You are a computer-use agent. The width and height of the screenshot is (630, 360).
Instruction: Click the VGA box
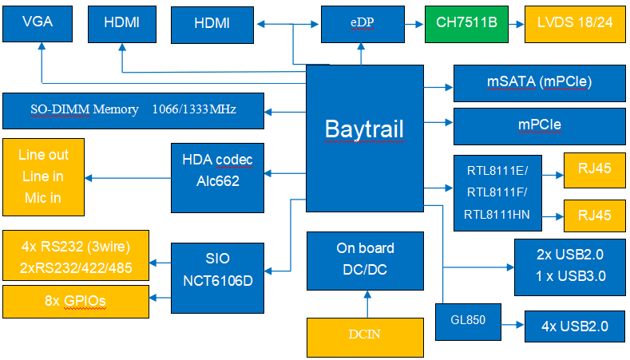38,24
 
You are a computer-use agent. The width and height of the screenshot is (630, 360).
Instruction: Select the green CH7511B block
466,24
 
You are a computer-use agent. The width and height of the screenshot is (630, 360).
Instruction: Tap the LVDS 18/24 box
575,24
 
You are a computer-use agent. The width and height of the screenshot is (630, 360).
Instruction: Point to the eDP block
363,24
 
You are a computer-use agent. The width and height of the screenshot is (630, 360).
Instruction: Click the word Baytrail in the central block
364,129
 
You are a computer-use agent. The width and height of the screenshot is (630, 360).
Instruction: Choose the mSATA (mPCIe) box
539,83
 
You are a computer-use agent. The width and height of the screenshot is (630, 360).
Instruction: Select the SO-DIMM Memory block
133,111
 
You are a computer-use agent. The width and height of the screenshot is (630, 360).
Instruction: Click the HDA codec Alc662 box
217,177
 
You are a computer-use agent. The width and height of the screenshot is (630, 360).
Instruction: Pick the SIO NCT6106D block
217,278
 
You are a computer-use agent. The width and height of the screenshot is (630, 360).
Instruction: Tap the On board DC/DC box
365,261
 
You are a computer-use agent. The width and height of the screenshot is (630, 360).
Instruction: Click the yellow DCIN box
365,337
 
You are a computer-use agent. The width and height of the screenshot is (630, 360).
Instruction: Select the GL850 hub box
468,322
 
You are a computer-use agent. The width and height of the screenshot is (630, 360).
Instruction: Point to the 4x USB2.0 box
575,326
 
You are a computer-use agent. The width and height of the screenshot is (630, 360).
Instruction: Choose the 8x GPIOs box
76,302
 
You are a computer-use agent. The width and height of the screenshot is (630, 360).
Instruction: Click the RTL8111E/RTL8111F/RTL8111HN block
497,193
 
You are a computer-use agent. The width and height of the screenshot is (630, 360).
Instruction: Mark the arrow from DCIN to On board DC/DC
367,304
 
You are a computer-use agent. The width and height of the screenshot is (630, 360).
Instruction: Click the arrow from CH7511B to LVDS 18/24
517,24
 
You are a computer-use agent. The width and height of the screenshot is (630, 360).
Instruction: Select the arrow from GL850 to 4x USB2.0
513,325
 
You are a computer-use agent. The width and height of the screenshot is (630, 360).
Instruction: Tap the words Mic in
42,198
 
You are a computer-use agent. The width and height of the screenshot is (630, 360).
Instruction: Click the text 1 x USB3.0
571,276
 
